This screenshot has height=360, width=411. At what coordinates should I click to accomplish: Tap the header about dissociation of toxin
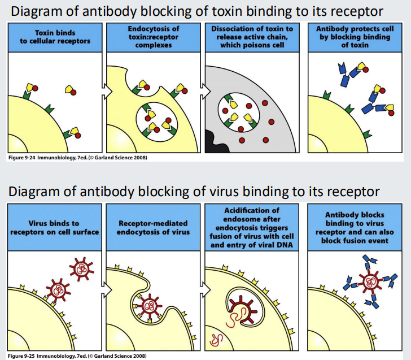click(x=252, y=38)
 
